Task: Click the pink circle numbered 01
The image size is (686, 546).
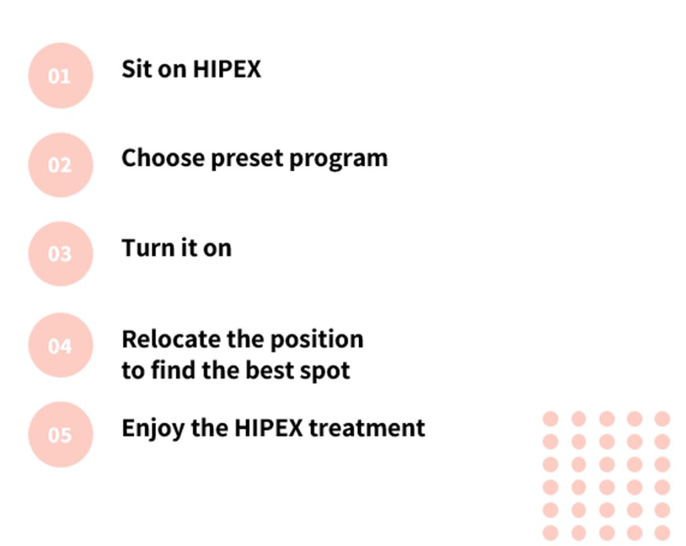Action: pos(60,76)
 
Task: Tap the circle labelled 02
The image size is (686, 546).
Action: pos(60,165)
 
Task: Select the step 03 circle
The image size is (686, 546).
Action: pos(60,254)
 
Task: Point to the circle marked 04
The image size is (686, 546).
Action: pos(60,345)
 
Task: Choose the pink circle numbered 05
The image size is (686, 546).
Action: pos(60,434)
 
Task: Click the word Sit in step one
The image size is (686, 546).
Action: pos(136,69)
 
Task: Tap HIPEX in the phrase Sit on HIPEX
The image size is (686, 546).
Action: pos(226,69)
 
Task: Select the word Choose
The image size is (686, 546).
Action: pos(162,159)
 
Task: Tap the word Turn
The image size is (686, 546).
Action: pos(143,248)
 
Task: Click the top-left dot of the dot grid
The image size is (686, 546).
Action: pos(551,419)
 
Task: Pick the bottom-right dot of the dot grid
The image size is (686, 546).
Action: pos(662,533)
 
